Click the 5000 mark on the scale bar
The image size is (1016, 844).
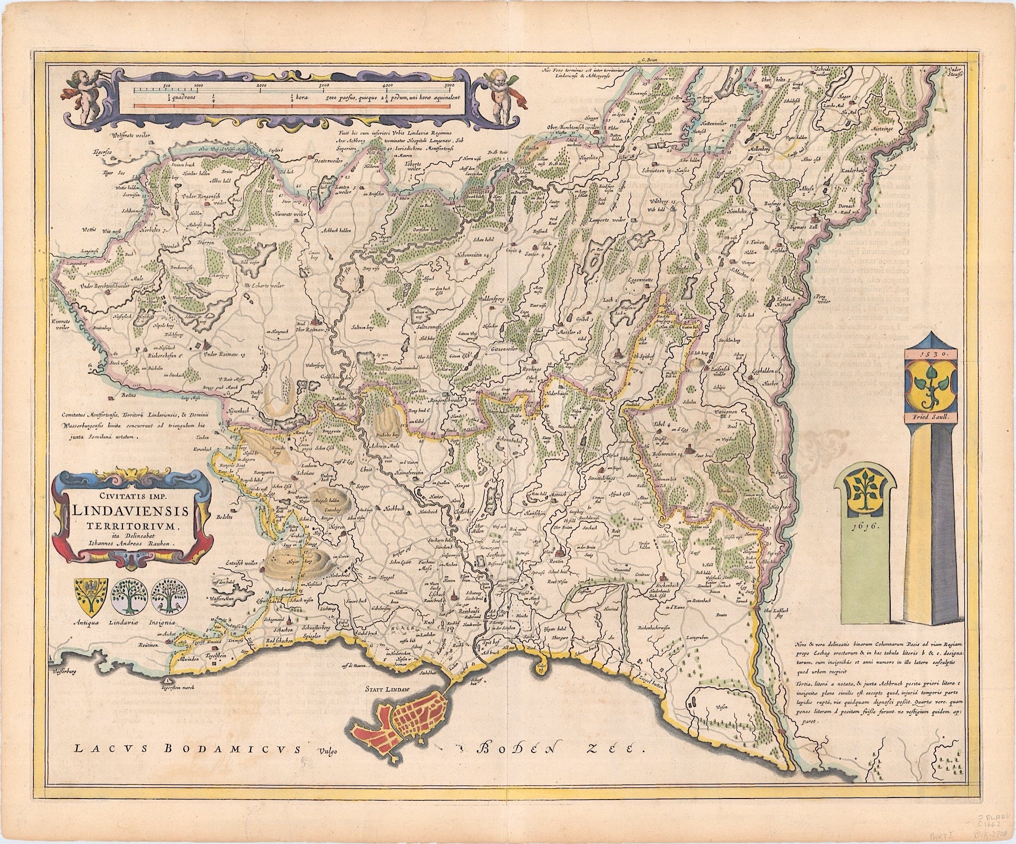449,86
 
